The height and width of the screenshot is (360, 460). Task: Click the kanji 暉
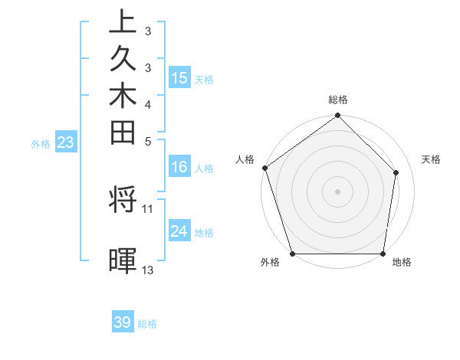point(123,261)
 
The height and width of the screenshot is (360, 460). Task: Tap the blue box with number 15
point(179,77)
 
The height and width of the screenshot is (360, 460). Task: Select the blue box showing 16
point(179,168)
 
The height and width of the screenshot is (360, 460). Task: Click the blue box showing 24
point(179,231)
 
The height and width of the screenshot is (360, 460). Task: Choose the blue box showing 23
point(65,142)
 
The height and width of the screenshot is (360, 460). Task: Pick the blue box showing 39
point(123,322)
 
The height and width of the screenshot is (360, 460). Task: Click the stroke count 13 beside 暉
point(148,270)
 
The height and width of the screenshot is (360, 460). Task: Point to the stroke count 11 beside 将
point(148,208)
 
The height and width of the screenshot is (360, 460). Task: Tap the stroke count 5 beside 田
point(148,141)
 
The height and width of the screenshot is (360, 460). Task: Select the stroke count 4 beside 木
point(148,104)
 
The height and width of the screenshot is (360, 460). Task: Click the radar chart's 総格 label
point(338,100)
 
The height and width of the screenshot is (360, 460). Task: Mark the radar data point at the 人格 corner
point(264,168)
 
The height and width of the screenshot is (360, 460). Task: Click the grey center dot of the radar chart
point(338,191)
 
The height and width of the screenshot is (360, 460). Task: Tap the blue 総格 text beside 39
point(147,324)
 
